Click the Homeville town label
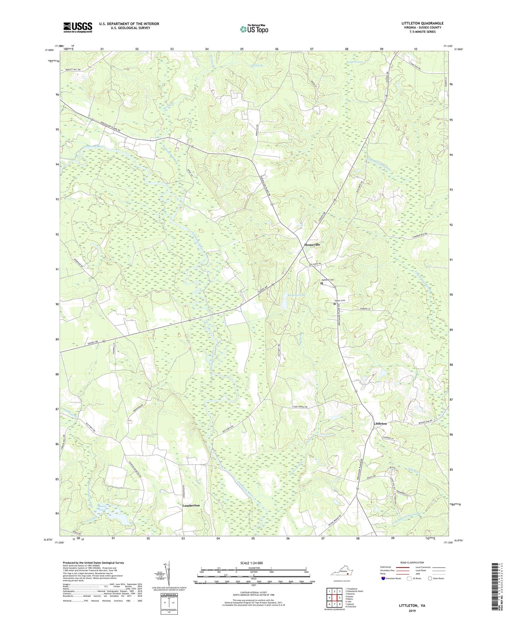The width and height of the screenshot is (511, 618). pos(312,245)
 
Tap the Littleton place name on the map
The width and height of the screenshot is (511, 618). pos(380,423)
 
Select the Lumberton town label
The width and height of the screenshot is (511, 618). pos(191,505)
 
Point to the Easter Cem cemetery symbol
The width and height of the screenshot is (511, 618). pos(335,304)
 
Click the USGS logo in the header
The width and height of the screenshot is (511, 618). pos(78,27)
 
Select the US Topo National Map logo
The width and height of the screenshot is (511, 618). pos(254,29)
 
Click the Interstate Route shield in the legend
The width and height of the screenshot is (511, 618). pos(383,578)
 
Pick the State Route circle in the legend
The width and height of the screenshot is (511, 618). pos(430,578)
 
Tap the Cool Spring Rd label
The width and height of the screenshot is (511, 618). pos(300,407)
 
